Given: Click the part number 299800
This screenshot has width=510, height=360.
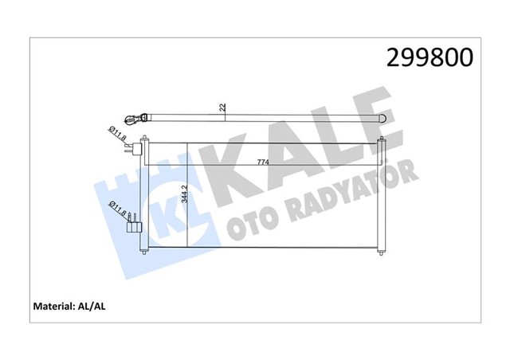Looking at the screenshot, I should (x=430, y=57).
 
